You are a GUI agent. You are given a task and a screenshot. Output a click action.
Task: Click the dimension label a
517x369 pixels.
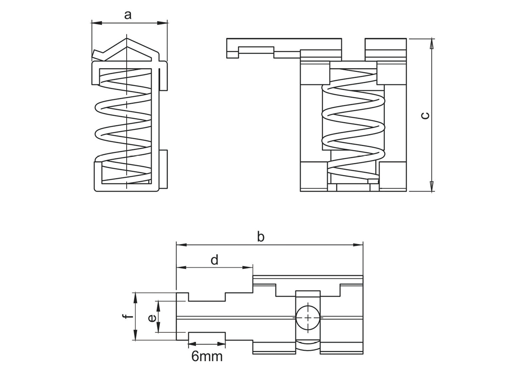[128, 15]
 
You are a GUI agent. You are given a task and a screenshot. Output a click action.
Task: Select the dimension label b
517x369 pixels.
[260, 236]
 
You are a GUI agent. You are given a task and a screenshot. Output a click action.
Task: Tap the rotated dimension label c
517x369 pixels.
[425, 115]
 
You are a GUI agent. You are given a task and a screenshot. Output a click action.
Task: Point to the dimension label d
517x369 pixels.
[215, 260]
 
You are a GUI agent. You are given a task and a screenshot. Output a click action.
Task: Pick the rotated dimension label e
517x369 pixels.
[151, 318]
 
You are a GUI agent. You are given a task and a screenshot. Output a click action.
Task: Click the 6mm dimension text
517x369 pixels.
[207, 356]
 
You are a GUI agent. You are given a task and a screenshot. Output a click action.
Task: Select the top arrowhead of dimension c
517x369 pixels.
[432, 42]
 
